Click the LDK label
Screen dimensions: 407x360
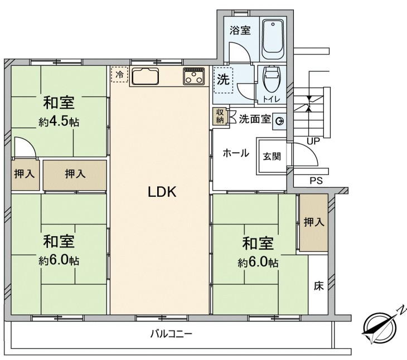[162, 192]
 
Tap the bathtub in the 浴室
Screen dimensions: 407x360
[273, 39]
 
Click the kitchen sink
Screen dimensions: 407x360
[145, 76]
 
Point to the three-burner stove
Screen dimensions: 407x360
[193, 76]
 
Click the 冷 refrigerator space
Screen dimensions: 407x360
[119, 75]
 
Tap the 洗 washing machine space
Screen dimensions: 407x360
[223, 80]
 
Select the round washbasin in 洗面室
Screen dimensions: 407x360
[279, 121]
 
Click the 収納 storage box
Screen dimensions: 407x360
[220, 116]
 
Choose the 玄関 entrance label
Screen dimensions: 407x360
[272, 157]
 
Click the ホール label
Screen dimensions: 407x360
[236, 153]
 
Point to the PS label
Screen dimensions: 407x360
[316, 180]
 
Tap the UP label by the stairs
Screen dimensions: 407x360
[313, 141]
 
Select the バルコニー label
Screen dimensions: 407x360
[171, 334]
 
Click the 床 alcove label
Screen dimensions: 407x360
[318, 286]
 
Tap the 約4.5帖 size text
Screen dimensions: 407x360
[59, 121]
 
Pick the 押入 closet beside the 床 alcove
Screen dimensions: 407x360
[314, 222]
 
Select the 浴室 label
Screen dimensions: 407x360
[240, 30]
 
